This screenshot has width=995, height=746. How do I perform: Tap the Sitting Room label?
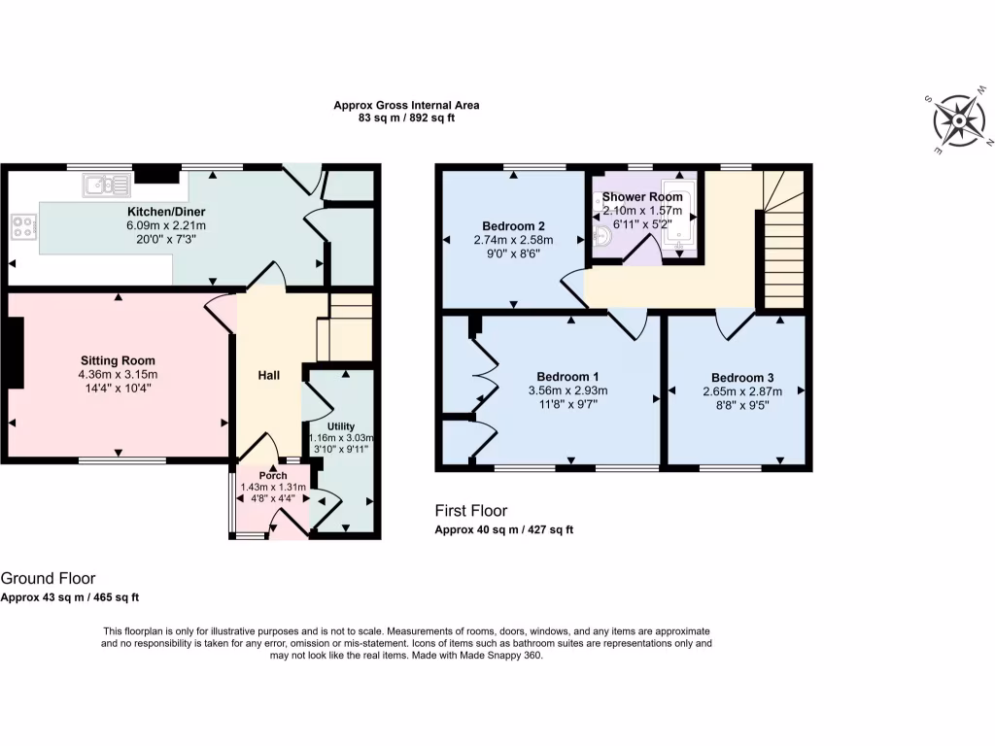click(x=117, y=360)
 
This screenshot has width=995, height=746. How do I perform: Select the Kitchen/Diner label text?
click(x=166, y=212)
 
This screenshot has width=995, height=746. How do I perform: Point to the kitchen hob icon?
click(x=22, y=229)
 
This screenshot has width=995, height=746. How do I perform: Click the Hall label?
click(x=269, y=375)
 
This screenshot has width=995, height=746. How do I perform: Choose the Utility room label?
click(x=340, y=426)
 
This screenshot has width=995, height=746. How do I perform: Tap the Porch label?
click(x=273, y=475)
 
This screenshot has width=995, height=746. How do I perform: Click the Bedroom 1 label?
click(x=567, y=377)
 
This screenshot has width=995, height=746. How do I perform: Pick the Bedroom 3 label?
click(x=742, y=378)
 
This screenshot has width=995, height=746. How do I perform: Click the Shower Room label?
click(x=642, y=196)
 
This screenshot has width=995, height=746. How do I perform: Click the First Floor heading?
click(x=470, y=511)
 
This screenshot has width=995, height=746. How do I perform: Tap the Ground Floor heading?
click(x=48, y=579)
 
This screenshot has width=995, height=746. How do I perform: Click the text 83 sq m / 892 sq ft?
click(x=406, y=118)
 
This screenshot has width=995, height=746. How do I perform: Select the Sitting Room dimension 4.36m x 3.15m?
click(x=117, y=374)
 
